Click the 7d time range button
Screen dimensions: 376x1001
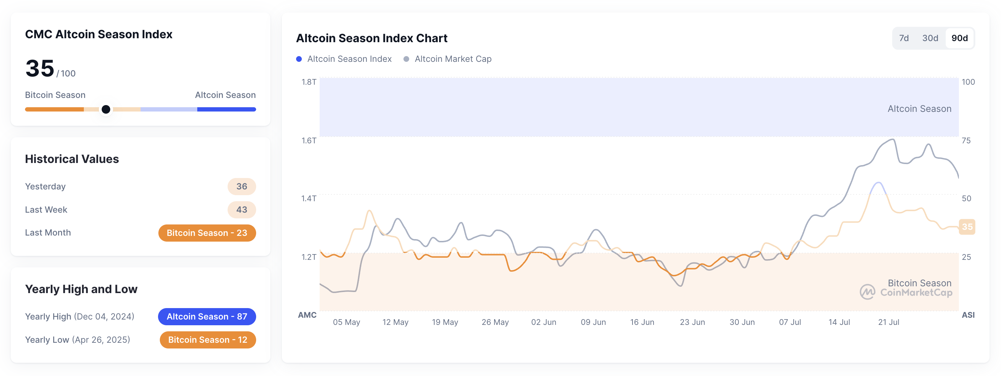click(904, 38)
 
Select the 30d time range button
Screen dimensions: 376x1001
click(930, 38)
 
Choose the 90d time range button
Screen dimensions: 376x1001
click(959, 38)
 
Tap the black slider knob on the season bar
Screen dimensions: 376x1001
click(106, 109)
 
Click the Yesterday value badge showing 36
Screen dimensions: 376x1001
click(241, 187)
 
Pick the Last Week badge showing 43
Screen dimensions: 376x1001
click(241, 209)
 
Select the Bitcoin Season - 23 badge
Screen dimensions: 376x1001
click(207, 233)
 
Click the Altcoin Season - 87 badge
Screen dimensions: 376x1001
click(207, 316)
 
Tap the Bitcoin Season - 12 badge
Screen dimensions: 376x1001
click(208, 340)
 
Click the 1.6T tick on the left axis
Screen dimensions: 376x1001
click(309, 140)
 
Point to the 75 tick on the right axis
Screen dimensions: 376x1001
click(966, 140)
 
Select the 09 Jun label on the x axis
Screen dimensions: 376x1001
click(593, 322)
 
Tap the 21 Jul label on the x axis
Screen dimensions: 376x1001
click(888, 322)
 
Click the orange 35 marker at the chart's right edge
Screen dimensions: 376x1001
click(967, 227)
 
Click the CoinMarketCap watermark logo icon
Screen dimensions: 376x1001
click(867, 292)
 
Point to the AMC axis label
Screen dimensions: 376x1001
click(307, 315)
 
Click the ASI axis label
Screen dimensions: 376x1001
click(968, 315)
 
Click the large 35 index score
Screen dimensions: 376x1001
click(40, 69)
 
